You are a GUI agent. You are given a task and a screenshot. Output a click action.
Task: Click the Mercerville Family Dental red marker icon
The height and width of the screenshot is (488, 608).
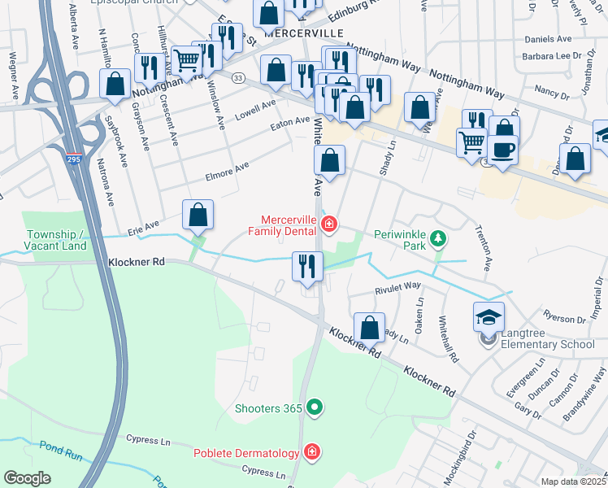coord(331,222)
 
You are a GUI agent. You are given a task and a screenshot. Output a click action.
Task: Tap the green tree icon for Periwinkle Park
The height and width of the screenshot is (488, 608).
coord(438,238)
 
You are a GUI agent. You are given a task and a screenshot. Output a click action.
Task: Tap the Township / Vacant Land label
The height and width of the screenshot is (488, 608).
coord(55,239)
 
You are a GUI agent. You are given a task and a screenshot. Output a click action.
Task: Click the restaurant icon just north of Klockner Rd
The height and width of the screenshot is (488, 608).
coord(307,267)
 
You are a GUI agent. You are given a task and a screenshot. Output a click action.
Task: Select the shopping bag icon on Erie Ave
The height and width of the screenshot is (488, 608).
coord(198,216)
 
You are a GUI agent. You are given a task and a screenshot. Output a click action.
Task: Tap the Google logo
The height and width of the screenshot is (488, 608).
coord(27,478)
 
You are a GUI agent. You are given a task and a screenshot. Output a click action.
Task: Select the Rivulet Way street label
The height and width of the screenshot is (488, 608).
coord(397,286)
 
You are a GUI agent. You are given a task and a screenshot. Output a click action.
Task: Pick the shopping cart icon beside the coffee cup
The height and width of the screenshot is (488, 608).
coord(471,143)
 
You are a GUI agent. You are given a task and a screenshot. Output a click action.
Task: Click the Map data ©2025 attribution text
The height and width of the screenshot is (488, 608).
coord(573,481)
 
